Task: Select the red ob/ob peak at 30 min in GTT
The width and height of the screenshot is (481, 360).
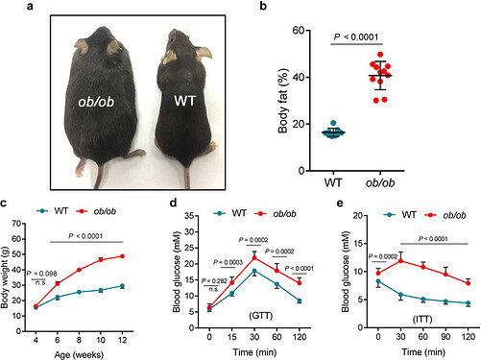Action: (x=253, y=256)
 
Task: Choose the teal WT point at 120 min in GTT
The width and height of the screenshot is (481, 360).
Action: (x=301, y=300)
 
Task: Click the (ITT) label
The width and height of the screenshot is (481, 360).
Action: (x=420, y=313)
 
